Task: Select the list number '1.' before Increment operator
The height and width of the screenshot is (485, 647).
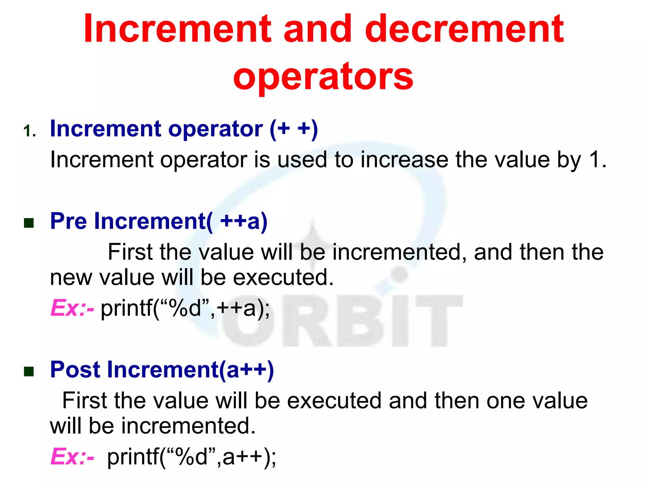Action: [30, 131]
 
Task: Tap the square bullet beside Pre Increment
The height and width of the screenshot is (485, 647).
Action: [29, 223]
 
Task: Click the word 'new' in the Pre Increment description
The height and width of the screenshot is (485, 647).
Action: [71, 278]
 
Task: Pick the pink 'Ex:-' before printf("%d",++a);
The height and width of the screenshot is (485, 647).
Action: [72, 308]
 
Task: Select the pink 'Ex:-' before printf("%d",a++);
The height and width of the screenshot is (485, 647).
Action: [72, 457]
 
